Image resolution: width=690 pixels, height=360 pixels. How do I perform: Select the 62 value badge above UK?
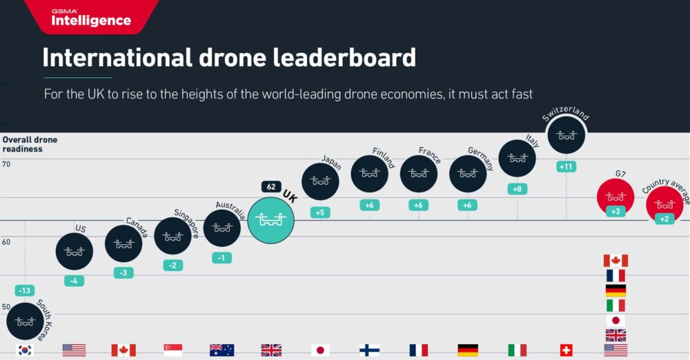pyautogui.click(x=270, y=186)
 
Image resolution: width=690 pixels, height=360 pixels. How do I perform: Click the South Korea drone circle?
pyautogui.click(x=25, y=321)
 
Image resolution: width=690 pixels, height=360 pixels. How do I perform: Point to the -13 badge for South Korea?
pyautogui.click(x=25, y=290)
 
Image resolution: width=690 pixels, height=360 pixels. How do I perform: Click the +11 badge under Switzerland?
pyautogui.click(x=566, y=166)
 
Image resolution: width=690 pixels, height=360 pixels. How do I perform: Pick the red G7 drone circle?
pyautogui.click(x=615, y=197)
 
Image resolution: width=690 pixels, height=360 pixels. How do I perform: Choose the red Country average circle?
pyautogui.click(x=664, y=204)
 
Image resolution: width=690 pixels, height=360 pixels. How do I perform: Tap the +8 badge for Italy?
pyautogui.click(x=517, y=188)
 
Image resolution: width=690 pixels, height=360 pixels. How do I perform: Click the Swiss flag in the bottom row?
pyautogui.click(x=566, y=350)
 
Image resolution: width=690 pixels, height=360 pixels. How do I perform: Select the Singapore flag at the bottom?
pyautogui.click(x=172, y=350)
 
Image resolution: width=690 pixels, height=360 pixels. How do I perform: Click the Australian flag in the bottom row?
pyautogui.click(x=221, y=350)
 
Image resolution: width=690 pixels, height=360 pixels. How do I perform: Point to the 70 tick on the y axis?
pyautogui.click(x=6, y=164)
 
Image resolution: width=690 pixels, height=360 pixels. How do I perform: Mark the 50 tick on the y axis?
pyautogui.click(x=6, y=307)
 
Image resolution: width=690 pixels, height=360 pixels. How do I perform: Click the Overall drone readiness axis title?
pyautogui.click(x=30, y=144)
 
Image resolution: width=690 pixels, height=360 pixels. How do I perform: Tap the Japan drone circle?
pyautogui.click(x=320, y=181)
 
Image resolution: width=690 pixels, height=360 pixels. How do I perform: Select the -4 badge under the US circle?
pyautogui.click(x=74, y=281)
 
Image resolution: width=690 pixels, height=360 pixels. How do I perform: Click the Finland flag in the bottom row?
pyautogui.click(x=369, y=350)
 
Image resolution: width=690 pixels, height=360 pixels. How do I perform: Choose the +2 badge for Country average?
pyautogui.click(x=664, y=219)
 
